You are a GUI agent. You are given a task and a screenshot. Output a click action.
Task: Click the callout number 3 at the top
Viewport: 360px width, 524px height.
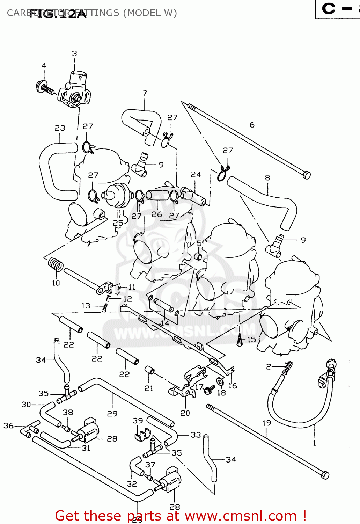[74, 53]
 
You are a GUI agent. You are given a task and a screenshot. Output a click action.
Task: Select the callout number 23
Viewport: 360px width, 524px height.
[60, 128]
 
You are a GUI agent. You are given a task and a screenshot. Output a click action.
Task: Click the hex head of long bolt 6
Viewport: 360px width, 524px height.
[306, 175]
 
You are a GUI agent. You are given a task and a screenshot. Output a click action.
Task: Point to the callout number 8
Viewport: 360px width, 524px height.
[267, 177]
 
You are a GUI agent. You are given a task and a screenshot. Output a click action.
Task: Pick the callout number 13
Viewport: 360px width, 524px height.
[86, 306]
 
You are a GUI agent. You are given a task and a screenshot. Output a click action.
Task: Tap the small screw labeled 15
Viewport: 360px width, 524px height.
[240, 341]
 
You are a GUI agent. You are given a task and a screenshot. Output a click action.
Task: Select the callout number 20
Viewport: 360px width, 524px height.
[185, 413]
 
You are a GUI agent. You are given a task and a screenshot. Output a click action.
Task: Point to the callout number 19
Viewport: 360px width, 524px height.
[267, 423]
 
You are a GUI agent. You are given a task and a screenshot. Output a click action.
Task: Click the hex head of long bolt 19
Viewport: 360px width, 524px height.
[325, 475]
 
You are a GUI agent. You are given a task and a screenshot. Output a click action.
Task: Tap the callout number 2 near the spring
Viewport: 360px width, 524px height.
[268, 366]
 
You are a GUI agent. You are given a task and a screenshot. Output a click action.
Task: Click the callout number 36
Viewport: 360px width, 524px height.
[8, 425]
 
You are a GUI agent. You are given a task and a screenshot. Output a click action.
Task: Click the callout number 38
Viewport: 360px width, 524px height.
[68, 412]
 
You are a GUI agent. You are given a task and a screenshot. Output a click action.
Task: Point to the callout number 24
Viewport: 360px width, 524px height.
[196, 174]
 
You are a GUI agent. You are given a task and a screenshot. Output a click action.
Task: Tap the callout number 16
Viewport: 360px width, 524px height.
[233, 386]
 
